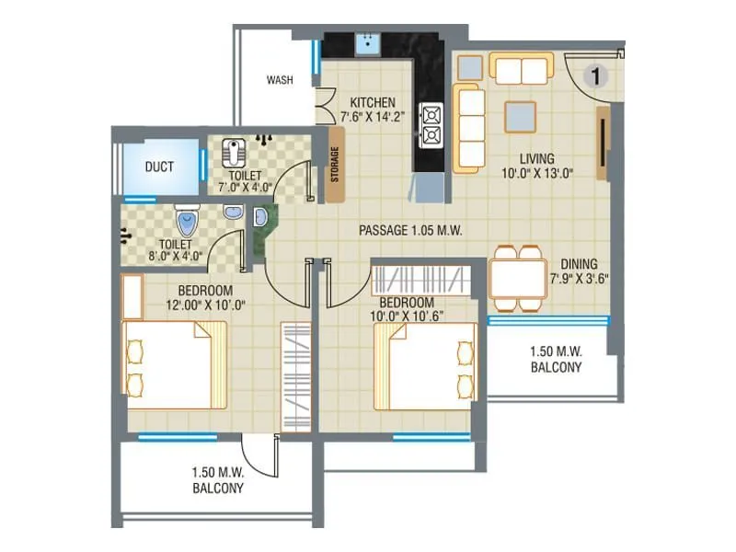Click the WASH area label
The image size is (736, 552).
point(280,80)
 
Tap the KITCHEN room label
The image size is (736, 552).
point(373,102)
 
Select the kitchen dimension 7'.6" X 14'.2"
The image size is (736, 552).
point(373,116)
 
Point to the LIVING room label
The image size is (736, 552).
point(535,158)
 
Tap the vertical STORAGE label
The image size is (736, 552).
point(335,166)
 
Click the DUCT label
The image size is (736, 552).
point(162,167)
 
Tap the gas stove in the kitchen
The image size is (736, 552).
point(431,126)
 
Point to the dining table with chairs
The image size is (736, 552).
point(518,276)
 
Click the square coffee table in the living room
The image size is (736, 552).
point(521,115)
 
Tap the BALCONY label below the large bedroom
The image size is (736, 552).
point(218,489)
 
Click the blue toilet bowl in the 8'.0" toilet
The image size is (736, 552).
point(188,222)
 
